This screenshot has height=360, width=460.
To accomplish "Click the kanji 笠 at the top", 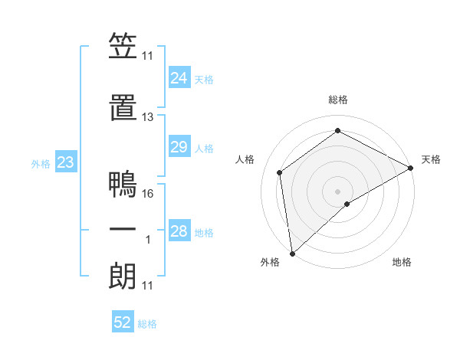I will (x=123, y=47).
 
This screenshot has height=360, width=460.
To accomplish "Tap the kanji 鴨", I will (x=123, y=185).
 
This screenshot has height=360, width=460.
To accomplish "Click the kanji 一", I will (x=123, y=231).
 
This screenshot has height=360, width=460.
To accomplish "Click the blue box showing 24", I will (x=179, y=78).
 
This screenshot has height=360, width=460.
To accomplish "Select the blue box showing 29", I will (x=179, y=147).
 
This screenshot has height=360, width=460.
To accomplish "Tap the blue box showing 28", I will (x=179, y=231).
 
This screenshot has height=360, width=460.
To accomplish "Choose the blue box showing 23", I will (x=65, y=162).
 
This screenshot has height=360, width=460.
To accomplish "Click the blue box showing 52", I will (x=123, y=322).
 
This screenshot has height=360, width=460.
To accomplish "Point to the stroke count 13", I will (x=148, y=117).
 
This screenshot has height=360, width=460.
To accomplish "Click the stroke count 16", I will (x=148, y=194).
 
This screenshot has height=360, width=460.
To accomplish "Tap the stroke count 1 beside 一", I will (x=149, y=240).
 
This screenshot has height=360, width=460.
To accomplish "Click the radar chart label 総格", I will (x=338, y=100).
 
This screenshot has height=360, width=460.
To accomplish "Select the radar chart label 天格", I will (x=431, y=159).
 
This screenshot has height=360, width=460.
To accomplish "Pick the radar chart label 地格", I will (x=402, y=262).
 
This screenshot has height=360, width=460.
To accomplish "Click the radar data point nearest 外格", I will (x=292, y=254).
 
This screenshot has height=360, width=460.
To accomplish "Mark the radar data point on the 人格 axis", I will (x=280, y=172).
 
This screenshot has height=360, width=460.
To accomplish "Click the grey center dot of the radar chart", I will (x=338, y=190).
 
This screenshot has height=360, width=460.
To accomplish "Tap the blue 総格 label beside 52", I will (x=147, y=324).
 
